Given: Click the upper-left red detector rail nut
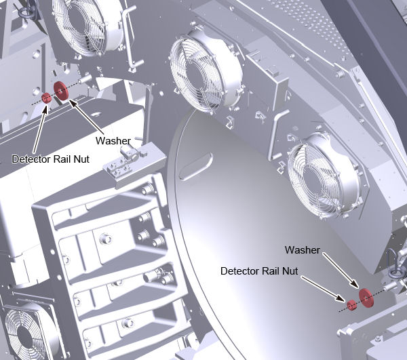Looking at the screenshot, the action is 46,98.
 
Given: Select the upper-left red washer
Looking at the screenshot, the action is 61,91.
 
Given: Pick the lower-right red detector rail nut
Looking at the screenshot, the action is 351,305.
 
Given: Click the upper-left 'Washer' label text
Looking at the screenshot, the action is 113,141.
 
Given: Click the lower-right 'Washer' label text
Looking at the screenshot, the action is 303,250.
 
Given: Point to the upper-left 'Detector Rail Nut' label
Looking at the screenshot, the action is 51,159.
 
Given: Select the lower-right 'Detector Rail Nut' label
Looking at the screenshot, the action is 259,271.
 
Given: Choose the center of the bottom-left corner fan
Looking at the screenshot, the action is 24,335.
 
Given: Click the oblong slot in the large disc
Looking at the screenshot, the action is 196,167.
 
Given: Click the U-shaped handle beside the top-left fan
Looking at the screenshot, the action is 132,37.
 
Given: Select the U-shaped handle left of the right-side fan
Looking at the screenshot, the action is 277,135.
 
